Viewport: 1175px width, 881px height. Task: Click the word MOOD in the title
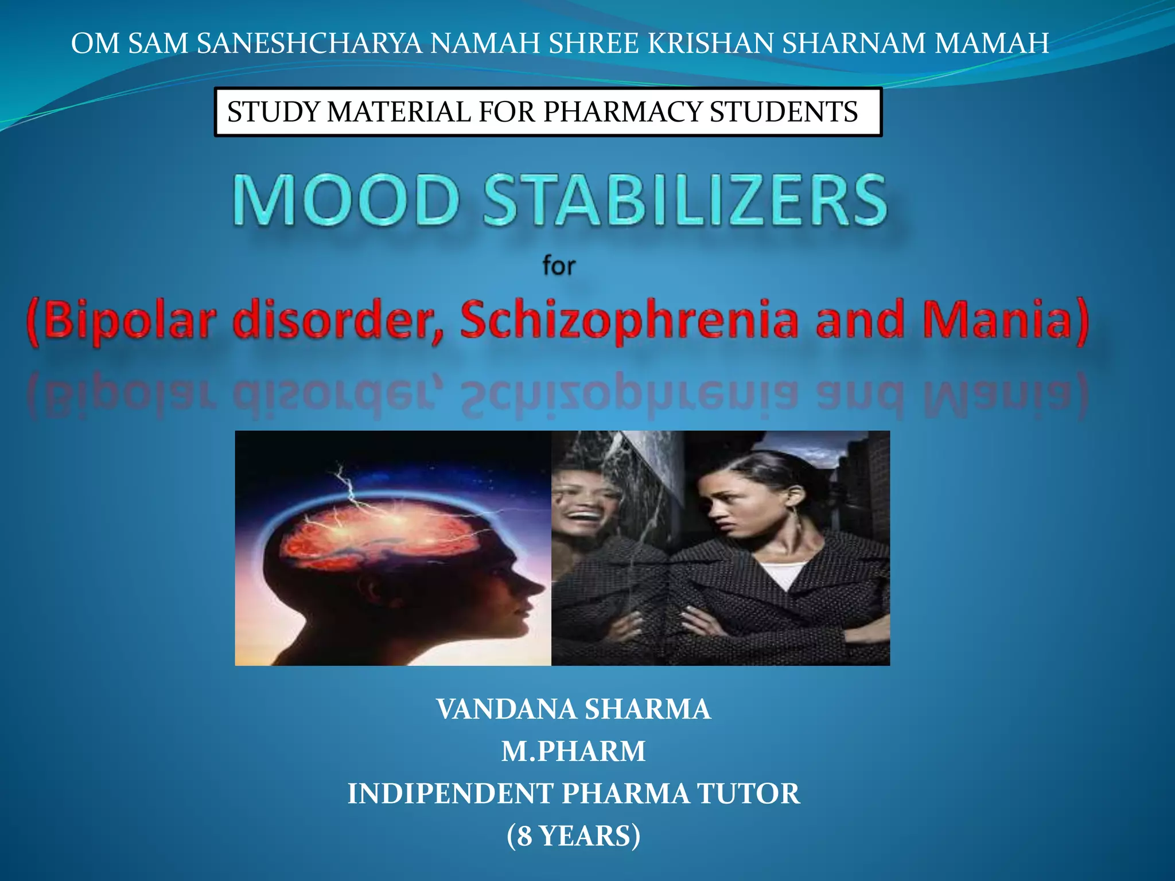346,200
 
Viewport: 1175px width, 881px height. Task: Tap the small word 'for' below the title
559,266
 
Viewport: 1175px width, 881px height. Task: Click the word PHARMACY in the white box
622,112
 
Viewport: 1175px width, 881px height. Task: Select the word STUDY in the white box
274,112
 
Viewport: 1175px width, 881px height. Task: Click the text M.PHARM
573,751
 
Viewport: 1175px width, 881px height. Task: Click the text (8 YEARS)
573,836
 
